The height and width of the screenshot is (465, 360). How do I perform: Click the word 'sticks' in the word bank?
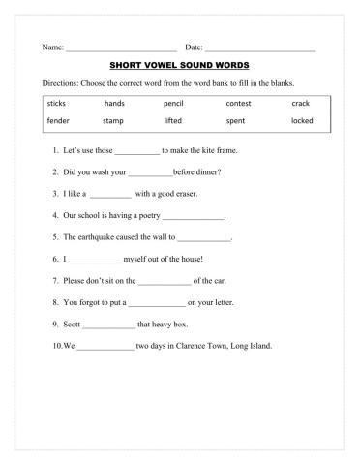tap(56, 102)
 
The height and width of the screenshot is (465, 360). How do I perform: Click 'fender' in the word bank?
tap(58, 121)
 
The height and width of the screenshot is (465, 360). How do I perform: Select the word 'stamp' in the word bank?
tap(113, 121)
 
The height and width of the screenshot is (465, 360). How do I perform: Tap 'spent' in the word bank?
tap(235, 121)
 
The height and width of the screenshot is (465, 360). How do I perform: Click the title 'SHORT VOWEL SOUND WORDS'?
tap(179, 66)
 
